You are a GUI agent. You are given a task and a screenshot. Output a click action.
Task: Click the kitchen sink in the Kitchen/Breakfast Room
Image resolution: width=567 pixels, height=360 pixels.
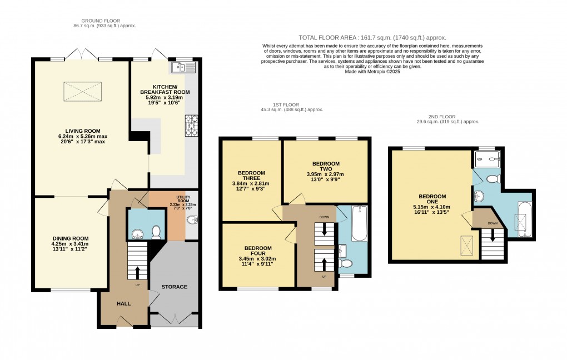(184, 68)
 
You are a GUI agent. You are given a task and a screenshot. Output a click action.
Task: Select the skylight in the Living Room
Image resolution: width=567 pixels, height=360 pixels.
(83, 90)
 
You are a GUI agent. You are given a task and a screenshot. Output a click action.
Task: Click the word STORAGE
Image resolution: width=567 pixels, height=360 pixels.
(175, 287)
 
